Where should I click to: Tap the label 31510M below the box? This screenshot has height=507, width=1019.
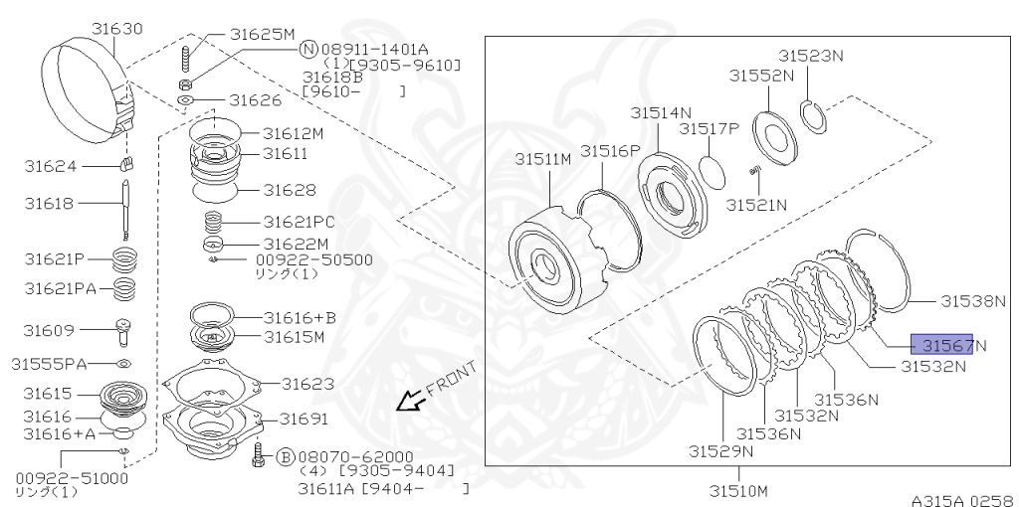coord(738,490)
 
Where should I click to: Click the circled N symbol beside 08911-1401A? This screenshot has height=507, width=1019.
coord(308,48)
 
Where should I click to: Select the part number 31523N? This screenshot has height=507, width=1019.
coord(810,56)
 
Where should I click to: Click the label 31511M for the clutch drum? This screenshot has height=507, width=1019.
coord(542,159)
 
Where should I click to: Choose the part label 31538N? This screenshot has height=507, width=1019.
coord(974,299)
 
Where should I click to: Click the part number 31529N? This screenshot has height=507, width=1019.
coord(720,450)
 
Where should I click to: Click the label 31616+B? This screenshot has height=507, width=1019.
coord(300,318)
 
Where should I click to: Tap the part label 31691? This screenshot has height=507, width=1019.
coord(304,418)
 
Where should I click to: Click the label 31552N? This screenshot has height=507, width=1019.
coord(761,75)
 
